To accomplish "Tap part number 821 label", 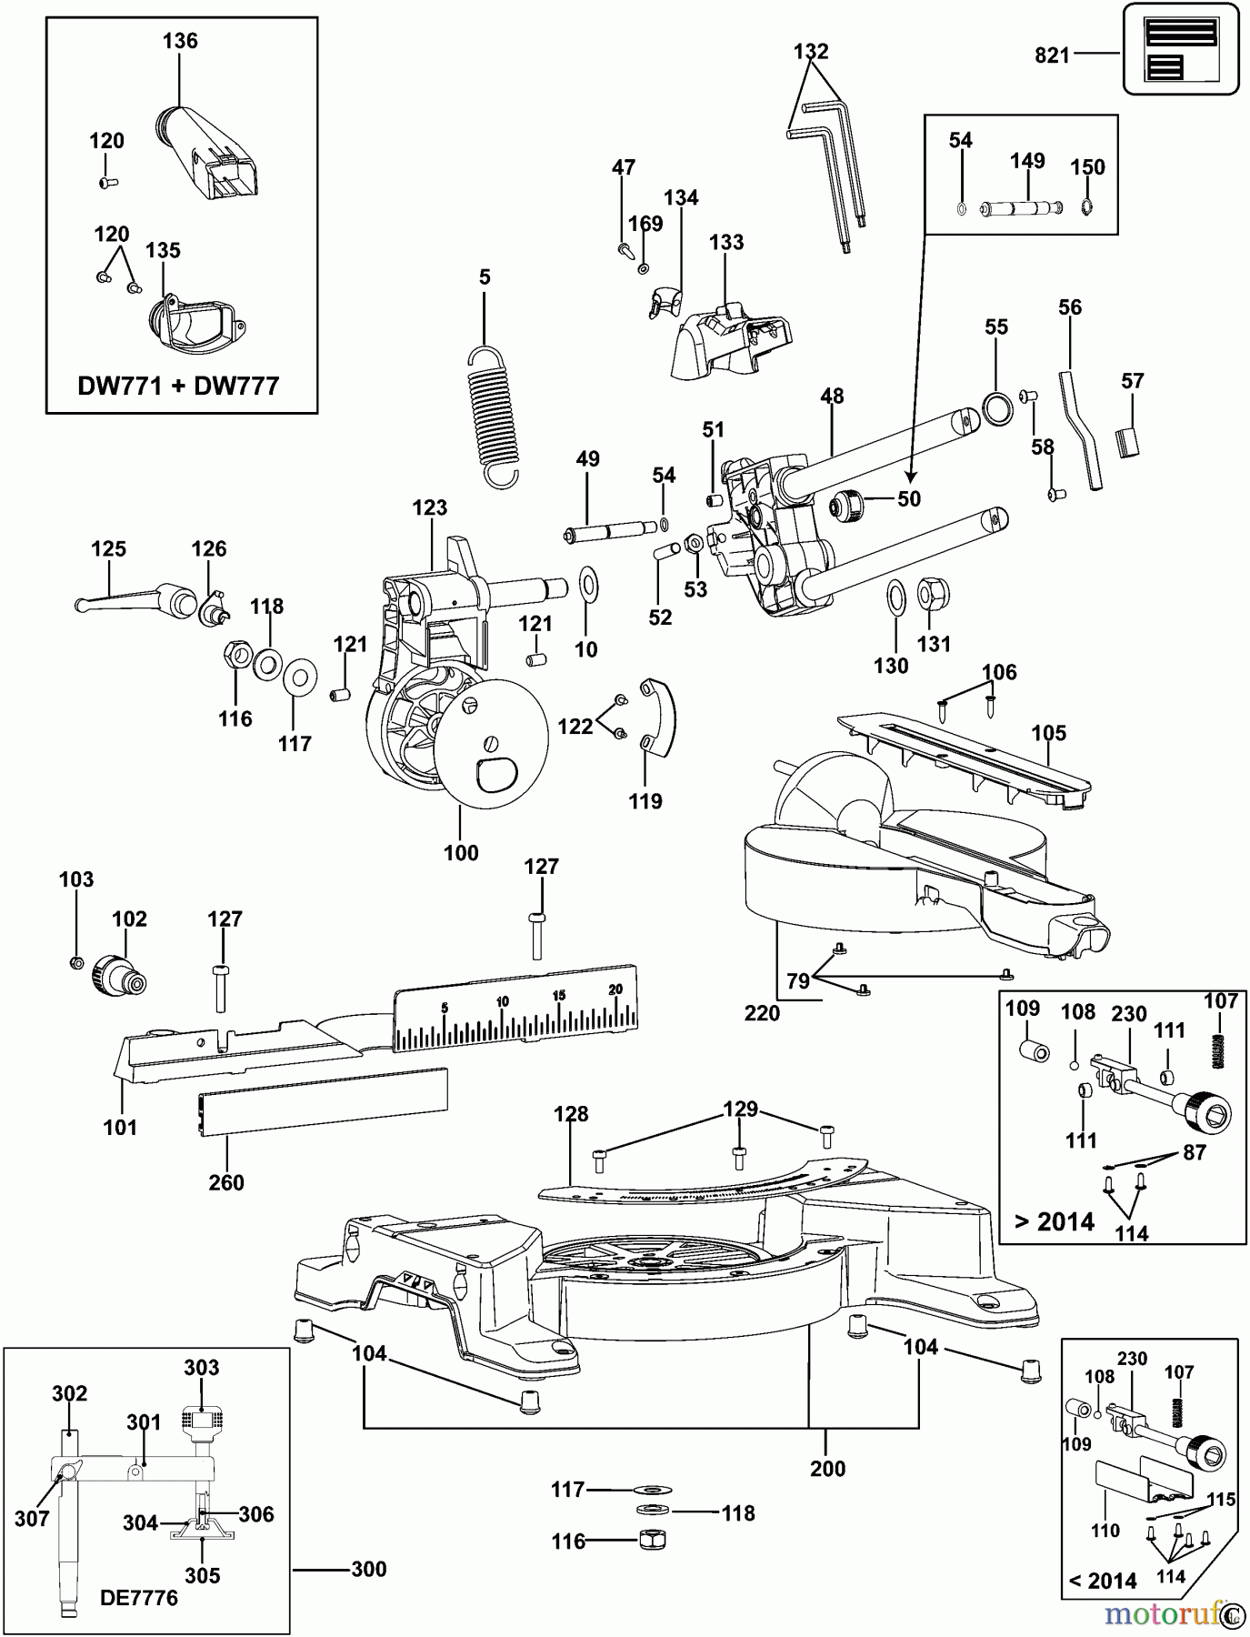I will click(1052, 55).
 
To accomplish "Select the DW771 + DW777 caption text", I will click(178, 386).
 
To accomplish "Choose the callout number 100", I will click(461, 853).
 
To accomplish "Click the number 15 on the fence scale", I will click(558, 995).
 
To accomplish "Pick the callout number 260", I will click(226, 1182).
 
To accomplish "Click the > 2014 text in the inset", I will click(1054, 1221).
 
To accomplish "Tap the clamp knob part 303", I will click(202, 1420).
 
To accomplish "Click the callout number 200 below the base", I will click(827, 1469).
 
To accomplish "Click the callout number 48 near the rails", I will click(832, 396).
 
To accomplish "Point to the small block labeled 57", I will click(1127, 442).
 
